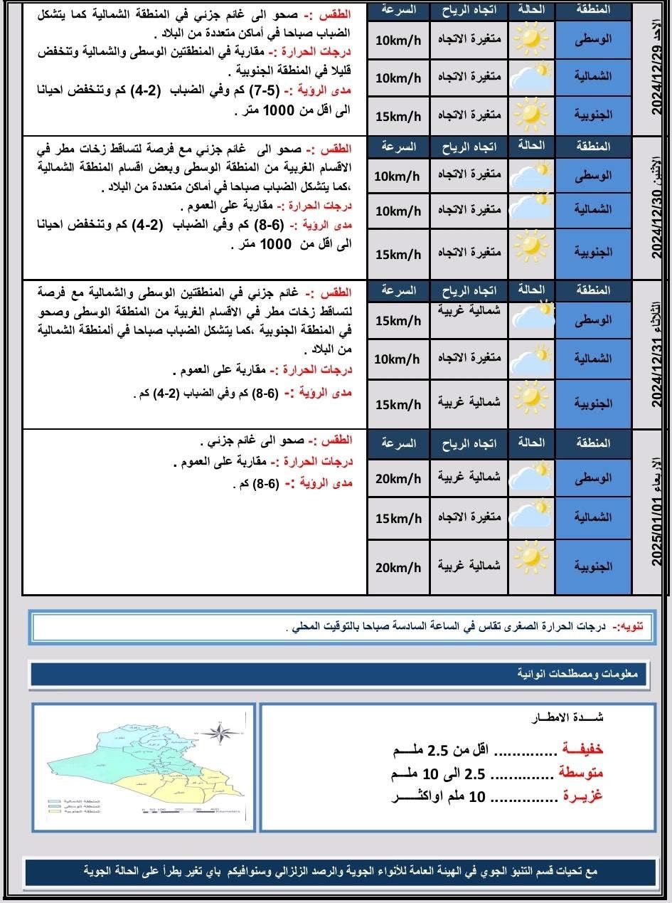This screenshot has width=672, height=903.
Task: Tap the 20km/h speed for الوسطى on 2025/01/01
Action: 398,477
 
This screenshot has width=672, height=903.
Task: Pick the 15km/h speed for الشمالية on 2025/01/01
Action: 398,517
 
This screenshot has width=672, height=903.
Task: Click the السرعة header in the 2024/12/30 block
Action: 398,147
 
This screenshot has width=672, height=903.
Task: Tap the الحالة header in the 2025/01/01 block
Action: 532,443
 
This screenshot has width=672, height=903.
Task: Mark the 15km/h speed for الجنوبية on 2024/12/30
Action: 398,254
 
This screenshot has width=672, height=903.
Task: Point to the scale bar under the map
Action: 181,809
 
